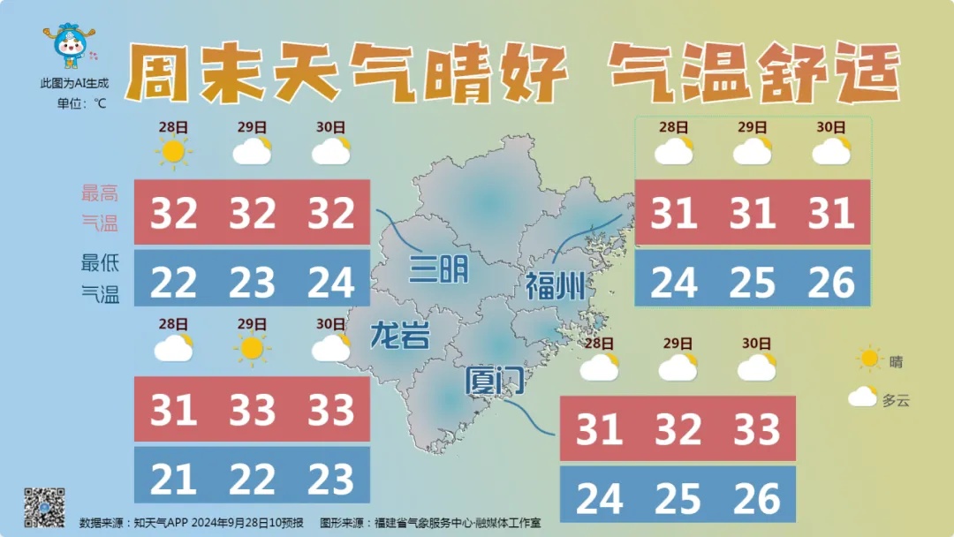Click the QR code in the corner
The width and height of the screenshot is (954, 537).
click(x=44, y=507)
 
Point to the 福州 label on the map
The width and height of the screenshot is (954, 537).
click(x=556, y=286)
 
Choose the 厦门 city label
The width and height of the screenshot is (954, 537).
click(x=496, y=382)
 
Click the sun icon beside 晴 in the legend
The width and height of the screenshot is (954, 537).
click(x=870, y=359)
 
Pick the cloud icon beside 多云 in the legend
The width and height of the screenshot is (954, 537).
click(x=862, y=397)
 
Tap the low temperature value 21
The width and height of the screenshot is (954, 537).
click(x=173, y=480)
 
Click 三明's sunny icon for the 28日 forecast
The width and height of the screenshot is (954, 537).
click(x=173, y=152)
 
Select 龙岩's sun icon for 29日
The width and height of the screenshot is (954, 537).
click(x=252, y=349)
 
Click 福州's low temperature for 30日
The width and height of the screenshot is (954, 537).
click(x=831, y=282)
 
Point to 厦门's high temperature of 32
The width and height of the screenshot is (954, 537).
click(x=678, y=430)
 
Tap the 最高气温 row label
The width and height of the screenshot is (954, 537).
click(x=100, y=208)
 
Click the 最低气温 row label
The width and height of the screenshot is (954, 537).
click(x=100, y=278)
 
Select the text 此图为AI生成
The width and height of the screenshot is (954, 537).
click(x=74, y=83)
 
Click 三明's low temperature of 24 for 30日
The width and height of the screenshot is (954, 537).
click(x=331, y=282)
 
